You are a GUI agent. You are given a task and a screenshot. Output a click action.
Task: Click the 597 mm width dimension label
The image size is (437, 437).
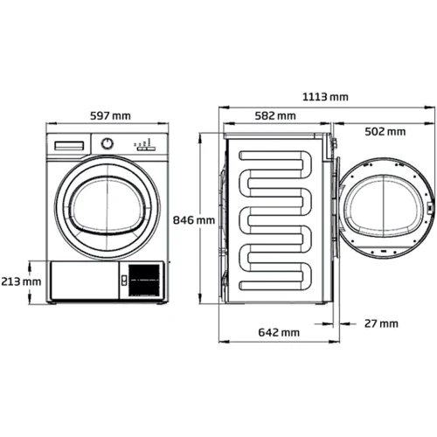click(x=110, y=116)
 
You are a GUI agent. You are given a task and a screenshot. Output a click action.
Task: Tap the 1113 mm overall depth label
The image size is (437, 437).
click(x=325, y=97)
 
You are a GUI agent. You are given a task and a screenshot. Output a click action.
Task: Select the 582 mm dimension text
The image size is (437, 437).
click(x=275, y=116)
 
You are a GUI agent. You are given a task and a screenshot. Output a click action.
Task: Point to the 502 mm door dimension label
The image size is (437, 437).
click(x=385, y=132)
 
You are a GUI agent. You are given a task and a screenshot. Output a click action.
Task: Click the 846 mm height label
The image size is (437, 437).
click(x=194, y=220)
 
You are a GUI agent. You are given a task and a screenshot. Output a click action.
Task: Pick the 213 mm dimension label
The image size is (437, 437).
click(x=21, y=281)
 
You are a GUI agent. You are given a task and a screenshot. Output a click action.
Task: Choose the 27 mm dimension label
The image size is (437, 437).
click(x=381, y=323)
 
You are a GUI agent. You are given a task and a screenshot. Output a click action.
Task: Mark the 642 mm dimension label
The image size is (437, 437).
click(x=279, y=332)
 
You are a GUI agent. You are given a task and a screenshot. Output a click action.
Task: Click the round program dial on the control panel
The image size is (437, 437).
click(x=108, y=143)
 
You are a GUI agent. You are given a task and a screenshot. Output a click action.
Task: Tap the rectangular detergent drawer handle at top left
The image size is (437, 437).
click(x=69, y=146)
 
